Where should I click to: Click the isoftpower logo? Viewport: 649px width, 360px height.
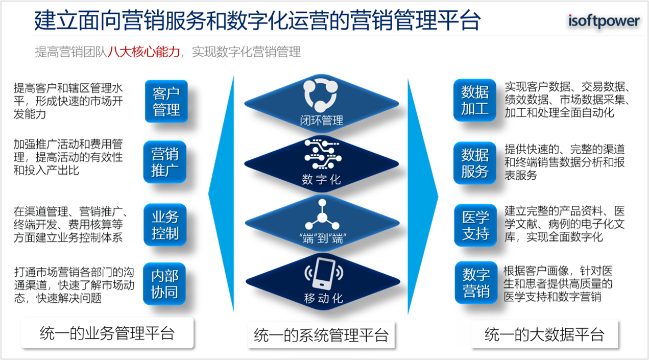point(604,21)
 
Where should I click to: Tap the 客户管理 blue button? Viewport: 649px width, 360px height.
point(166,101)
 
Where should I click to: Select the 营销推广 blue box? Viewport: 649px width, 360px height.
point(165,162)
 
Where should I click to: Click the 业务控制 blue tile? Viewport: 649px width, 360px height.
point(165,225)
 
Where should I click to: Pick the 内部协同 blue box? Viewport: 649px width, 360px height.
point(164,283)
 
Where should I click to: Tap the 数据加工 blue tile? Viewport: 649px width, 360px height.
point(475,100)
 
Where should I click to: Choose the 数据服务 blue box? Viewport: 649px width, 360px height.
point(475,163)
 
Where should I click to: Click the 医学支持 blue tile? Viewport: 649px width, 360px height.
point(476,225)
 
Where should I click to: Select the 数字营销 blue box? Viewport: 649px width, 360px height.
point(476,282)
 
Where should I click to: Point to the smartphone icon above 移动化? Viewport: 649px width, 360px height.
point(324,273)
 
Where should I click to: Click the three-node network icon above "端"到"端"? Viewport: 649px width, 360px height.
point(322,214)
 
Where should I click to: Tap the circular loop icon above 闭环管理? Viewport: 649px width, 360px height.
point(321,95)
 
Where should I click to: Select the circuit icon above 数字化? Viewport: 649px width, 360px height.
point(323,154)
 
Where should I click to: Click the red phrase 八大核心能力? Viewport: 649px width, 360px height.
point(143,52)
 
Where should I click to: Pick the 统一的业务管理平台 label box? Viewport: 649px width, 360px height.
point(107,333)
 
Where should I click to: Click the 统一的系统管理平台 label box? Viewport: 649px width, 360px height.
point(321,335)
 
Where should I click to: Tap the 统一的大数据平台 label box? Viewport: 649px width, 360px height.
point(544,334)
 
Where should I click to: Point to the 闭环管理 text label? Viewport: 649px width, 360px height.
point(322,121)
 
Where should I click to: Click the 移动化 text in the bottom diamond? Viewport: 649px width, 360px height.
point(323,298)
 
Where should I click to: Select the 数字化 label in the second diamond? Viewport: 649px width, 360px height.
point(321,180)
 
